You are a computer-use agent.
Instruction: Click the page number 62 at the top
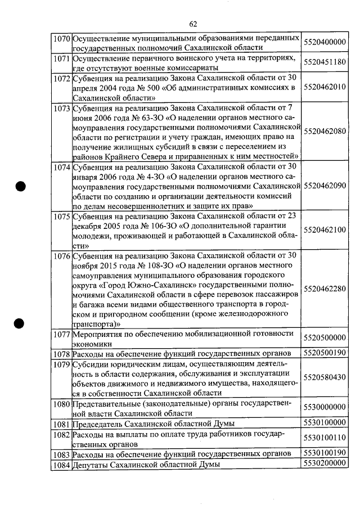(193, 24)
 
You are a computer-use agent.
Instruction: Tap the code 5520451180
(324, 62)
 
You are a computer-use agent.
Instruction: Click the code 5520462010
(324, 87)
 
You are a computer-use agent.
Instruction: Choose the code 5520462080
(324, 131)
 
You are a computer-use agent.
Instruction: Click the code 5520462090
(324, 186)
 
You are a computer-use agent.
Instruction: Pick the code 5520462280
(324, 289)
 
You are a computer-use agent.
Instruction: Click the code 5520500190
(324, 353)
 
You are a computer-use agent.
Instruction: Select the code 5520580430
(324, 377)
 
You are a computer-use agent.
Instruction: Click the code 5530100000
(324, 422)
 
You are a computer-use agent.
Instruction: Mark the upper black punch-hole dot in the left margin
(22, 187)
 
